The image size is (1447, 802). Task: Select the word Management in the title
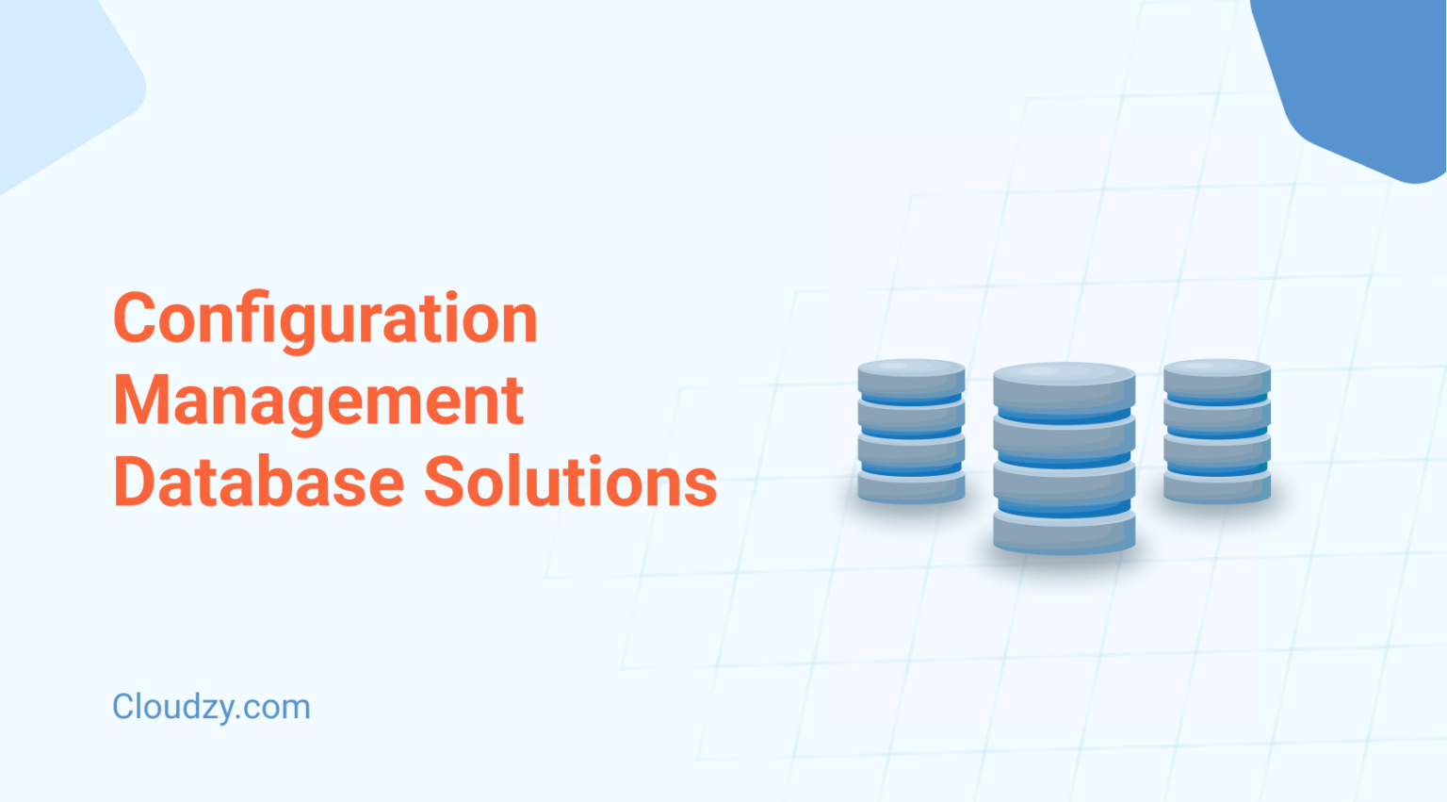pyautogui.click(x=318, y=401)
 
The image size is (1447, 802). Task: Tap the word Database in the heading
pyautogui.click(x=258, y=482)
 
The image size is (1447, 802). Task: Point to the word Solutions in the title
pyautogui.click(x=570, y=482)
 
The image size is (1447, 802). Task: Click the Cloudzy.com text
pyautogui.click(x=211, y=707)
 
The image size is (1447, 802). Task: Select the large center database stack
pyautogui.click(x=1064, y=458)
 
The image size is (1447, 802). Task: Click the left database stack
pyautogui.click(x=911, y=432)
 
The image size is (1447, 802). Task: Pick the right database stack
pyautogui.click(x=1217, y=432)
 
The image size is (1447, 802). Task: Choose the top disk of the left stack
pyautogui.click(x=911, y=378)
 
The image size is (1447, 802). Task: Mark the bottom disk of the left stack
pyautogui.click(x=911, y=486)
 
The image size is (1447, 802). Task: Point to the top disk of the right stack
pyautogui.click(x=1217, y=378)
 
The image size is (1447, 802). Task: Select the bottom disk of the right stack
pyautogui.click(x=1217, y=486)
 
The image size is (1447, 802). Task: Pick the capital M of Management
pyautogui.click(x=138, y=401)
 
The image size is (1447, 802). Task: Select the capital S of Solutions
pyautogui.click(x=447, y=482)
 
